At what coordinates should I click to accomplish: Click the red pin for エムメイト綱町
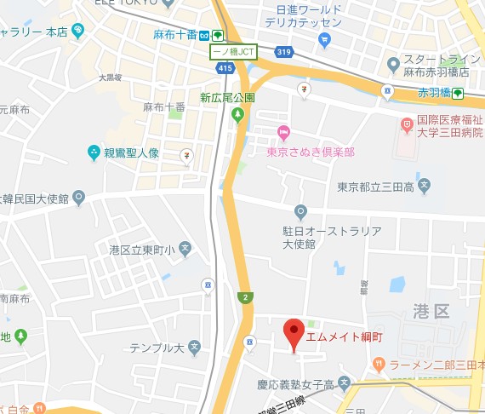tap(294, 335)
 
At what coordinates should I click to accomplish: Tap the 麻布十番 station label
tap(175, 35)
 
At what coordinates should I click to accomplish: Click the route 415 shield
tap(225, 66)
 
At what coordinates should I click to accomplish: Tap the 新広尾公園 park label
tap(226, 98)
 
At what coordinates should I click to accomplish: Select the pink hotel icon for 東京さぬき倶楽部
tap(284, 133)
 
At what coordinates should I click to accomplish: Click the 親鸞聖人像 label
tap(131, 153)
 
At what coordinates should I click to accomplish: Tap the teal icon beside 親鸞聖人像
tap(94, 153)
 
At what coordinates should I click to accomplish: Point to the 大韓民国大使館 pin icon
tap(79, 198)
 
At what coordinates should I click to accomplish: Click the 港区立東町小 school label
tap(142, 250)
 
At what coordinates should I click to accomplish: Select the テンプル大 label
tap(157, 348)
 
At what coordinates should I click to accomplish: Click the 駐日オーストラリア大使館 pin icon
tap(300, 211)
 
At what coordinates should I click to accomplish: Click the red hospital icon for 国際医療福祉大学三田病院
tap(407, 125)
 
